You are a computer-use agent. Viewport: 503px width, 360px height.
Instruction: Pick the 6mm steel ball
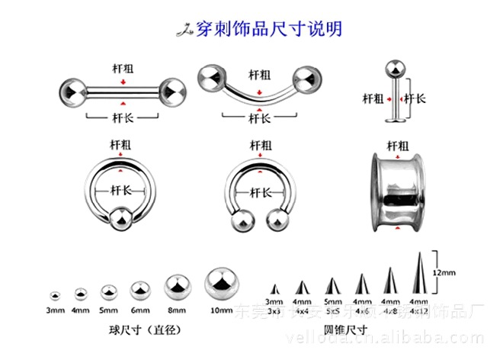[140, 291]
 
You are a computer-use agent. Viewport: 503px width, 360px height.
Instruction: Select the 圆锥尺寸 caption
[346, 329]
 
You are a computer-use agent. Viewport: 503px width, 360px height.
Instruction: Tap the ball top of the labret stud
[396, 67]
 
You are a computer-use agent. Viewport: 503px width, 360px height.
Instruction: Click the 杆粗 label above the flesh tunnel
[398, 144]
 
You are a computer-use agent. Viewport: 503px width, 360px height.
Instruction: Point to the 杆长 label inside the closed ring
[122, 190]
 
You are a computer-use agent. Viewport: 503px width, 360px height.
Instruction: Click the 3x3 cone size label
[274, 311]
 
